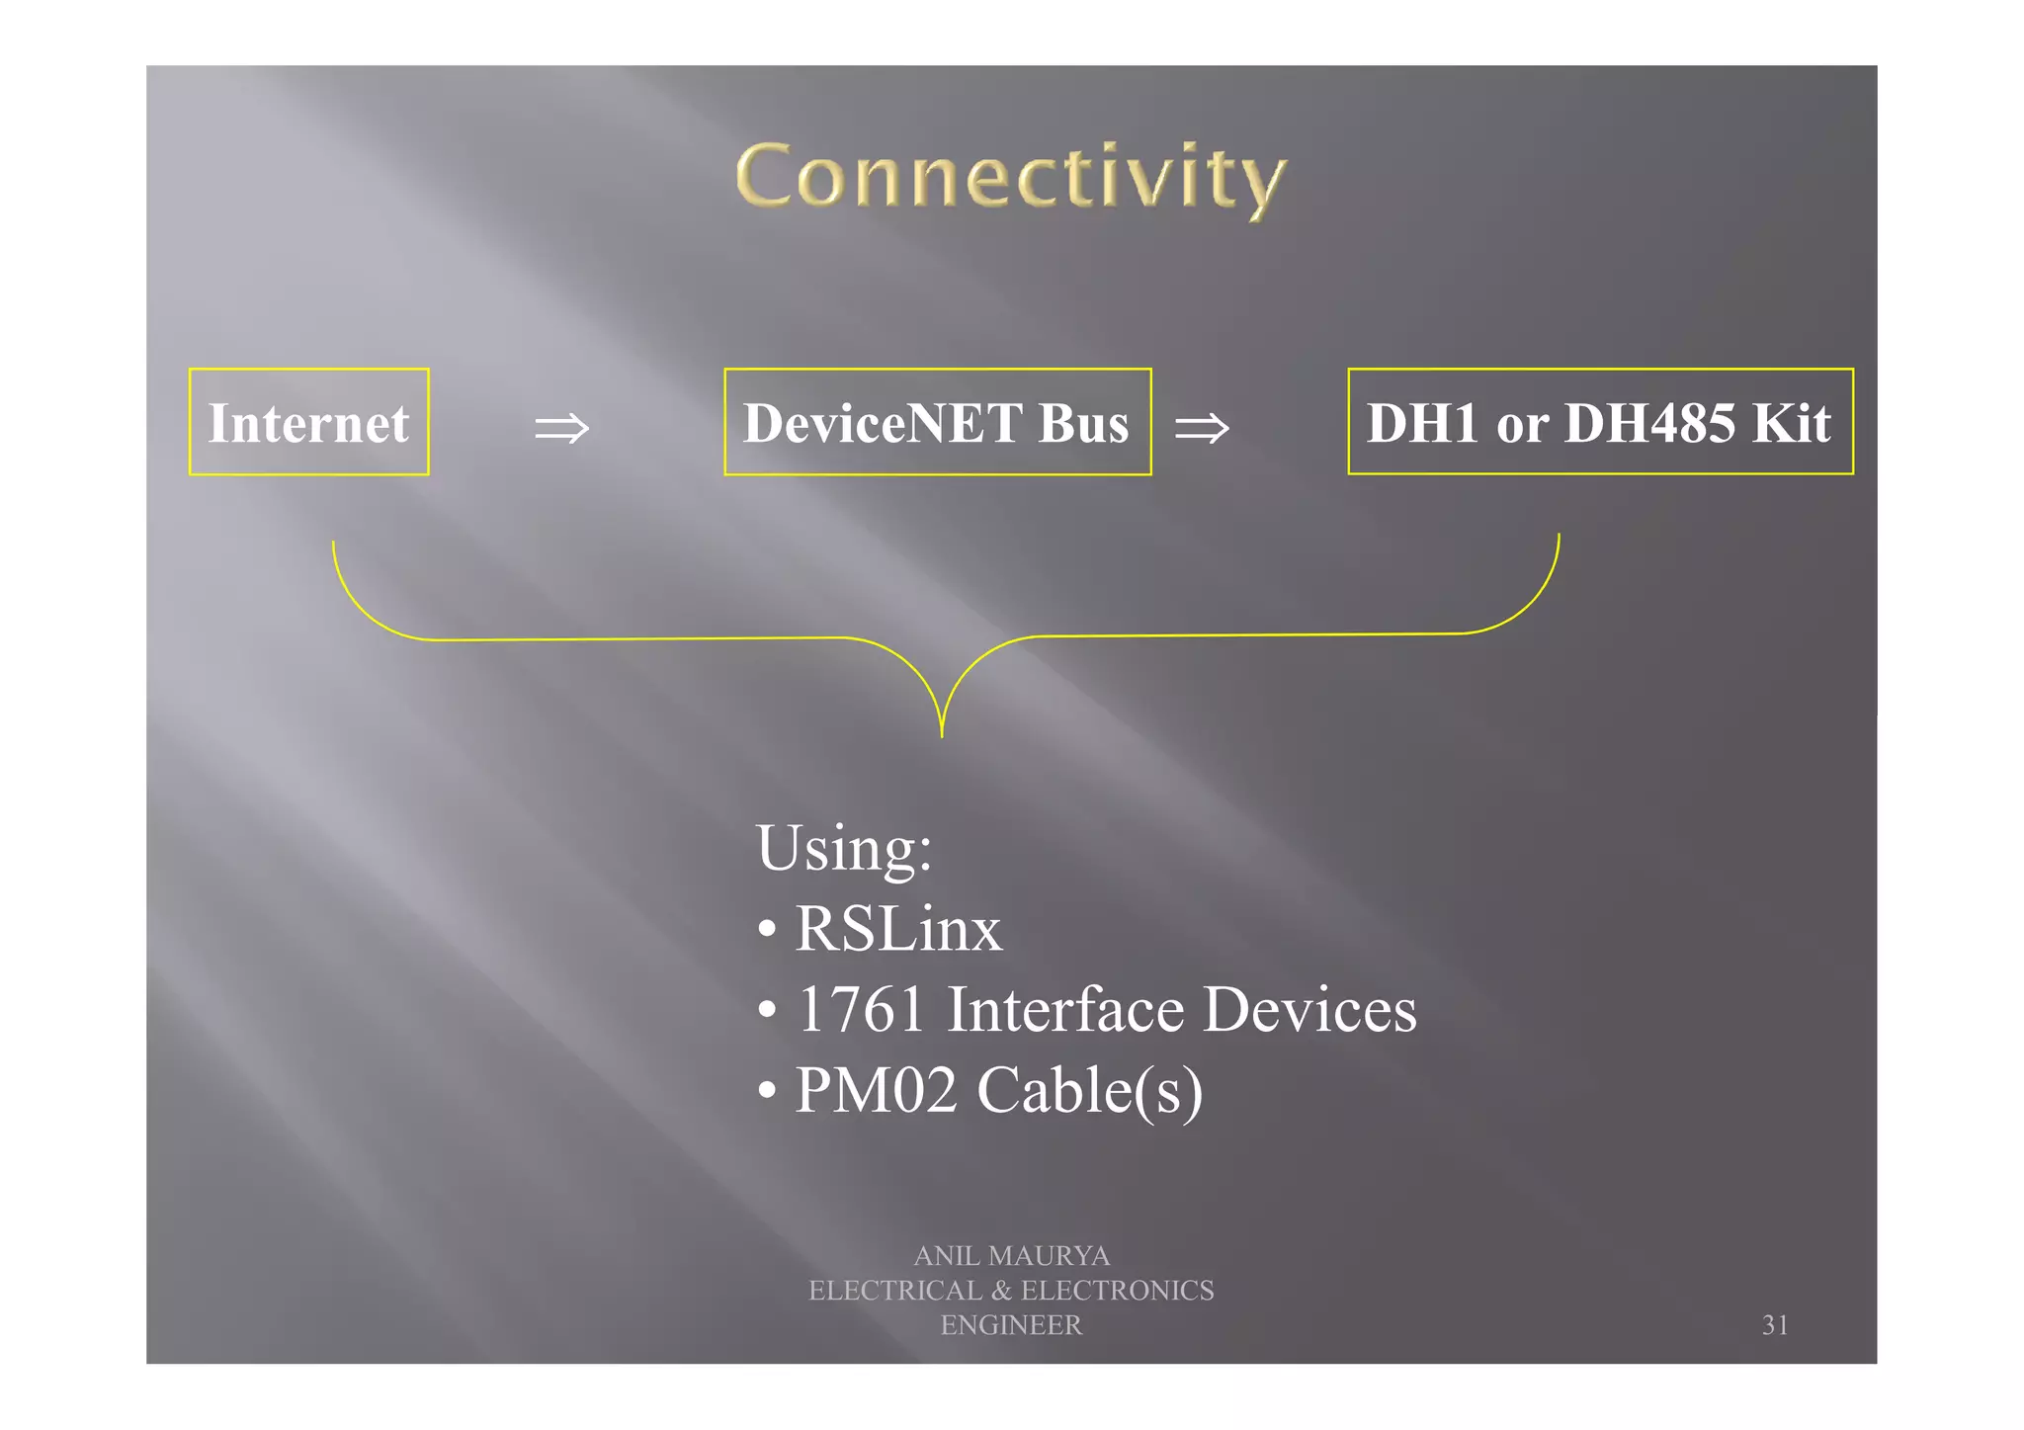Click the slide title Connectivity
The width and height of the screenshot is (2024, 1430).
tap(1011, 178)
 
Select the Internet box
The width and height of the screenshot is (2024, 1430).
tap(308, 422)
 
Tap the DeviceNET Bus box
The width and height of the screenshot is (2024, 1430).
tap(937, 422)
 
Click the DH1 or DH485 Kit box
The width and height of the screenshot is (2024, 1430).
tap(1599, 422)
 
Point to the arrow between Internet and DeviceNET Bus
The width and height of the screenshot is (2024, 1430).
tap(561, 428)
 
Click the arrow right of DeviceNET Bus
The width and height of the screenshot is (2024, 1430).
tap(1202, 428)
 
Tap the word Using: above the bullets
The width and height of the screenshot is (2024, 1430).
tap(844, 848)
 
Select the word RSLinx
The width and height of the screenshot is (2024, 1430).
tap(898, 929)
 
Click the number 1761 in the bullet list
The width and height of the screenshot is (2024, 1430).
tap(861, 1009)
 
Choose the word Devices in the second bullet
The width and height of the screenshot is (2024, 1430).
tap(1310, 1009)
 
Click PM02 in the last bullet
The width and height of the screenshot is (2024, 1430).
tap(877, 1089)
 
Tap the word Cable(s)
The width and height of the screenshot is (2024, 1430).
tap(1089, 1091)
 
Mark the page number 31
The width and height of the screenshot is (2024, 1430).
tap(1775, 1325)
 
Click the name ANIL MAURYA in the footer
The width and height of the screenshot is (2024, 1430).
tap(1011, 1255)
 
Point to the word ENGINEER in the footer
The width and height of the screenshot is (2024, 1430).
tap(1011, 1325)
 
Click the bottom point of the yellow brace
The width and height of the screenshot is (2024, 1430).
tap(942, 733)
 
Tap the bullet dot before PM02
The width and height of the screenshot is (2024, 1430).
tap(767, 1091)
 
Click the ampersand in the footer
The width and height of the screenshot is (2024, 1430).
tap(1001, 1291)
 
